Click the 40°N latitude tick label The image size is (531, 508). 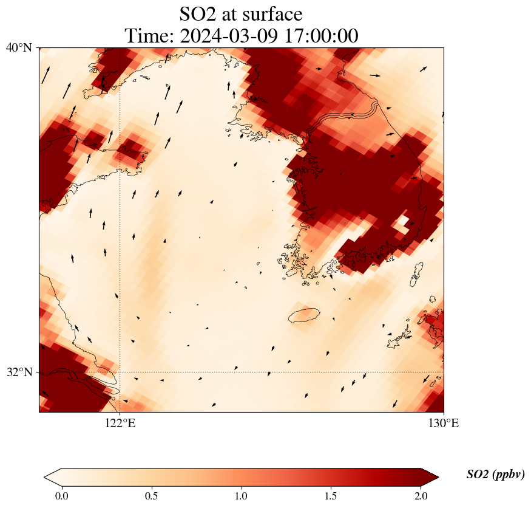click(19, 47)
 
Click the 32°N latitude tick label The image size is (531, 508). click(19, 372)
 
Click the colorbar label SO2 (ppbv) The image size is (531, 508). click(495, 475)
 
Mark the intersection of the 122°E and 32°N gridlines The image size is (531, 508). click(120, 372)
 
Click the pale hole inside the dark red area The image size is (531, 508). click(401, 223)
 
